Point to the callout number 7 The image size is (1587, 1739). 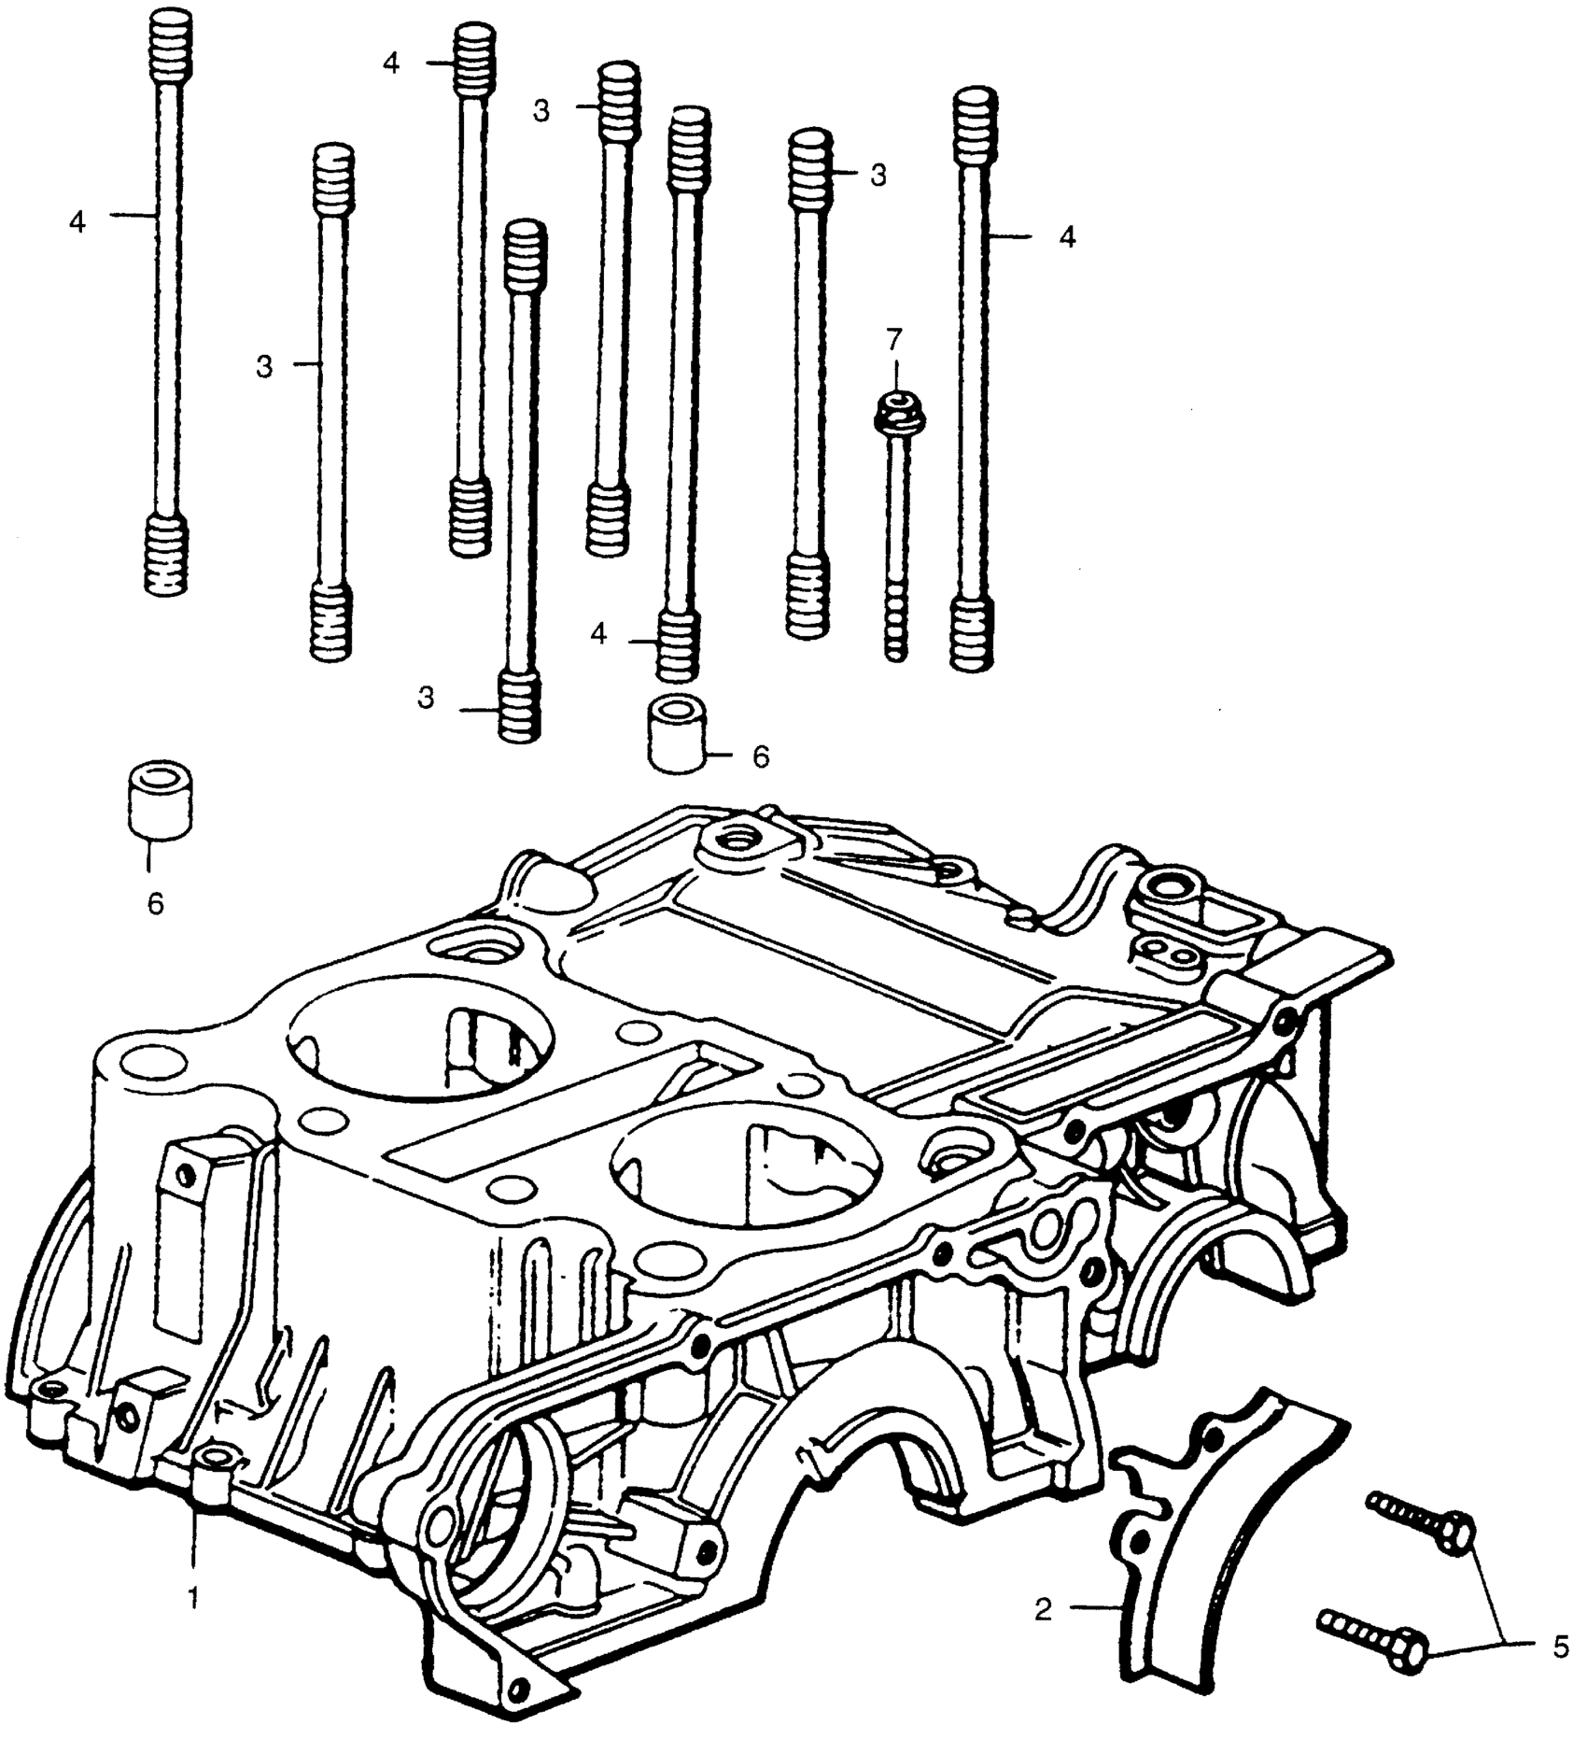[x=894, y=337]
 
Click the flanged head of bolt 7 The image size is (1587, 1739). [x=894, y=408]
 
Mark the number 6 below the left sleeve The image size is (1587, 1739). [x=156, y=903]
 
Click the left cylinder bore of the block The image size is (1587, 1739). [x=420, y=1037]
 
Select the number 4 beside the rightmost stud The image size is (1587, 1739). [x=1068, y=237]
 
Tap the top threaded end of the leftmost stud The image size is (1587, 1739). [x=168, y=42]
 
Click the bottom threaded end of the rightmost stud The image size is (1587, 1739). [x=973, y=635]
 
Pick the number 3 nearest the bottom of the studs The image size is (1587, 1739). [x=427, y=699]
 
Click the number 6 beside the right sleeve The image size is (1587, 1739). [x=761, y=757]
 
